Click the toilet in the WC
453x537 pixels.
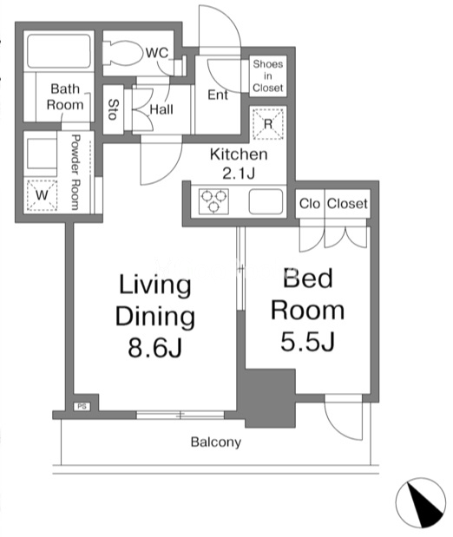123,53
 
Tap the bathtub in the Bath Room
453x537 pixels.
59,50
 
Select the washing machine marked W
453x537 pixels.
42,195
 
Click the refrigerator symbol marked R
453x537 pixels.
268,124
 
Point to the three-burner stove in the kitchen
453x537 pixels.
213,201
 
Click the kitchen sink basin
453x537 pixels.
266,201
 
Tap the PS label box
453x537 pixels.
82,406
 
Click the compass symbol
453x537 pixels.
421,503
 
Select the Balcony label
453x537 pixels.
216,442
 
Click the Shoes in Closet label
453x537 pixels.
268,75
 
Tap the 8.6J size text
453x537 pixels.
154,347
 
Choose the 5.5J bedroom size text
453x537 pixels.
307,341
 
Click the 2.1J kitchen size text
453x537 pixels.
239,174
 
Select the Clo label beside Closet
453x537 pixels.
310,203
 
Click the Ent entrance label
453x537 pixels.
218,95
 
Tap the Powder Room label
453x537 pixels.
75,172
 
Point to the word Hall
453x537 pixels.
161,109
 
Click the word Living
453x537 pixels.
154,285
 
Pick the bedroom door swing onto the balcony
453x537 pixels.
344,417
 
